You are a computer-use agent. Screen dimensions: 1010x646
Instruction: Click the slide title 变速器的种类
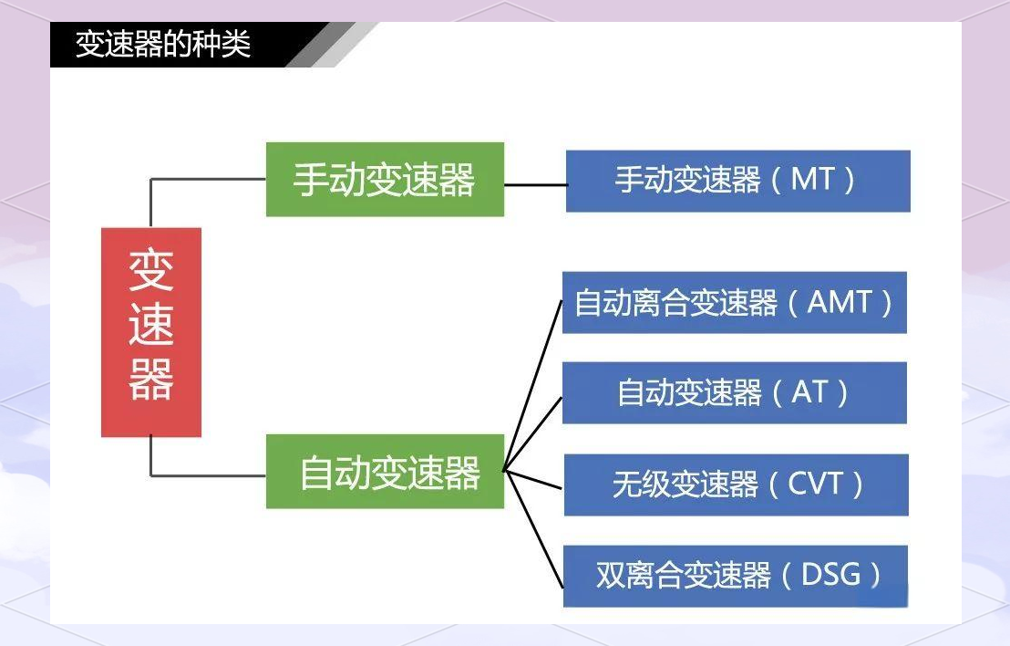pos(163,45)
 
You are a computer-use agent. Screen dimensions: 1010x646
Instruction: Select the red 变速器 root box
pos(151,332)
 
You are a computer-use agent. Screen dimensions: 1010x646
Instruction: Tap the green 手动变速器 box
pos(385,179)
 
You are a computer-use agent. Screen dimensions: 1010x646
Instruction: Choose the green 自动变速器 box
pos(385,472)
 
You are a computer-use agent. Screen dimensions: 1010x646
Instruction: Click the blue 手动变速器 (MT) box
pos(737,181)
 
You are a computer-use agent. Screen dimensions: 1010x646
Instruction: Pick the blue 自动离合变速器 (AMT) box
pos(735,302)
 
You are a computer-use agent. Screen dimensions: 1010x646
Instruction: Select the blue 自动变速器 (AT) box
pos(735,392)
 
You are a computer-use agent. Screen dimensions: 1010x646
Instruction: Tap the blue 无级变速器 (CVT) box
pos(737,484)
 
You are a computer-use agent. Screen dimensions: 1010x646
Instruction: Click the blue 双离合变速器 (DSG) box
pos(736,577)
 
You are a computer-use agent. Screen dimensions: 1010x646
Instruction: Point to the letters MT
pos(812,179)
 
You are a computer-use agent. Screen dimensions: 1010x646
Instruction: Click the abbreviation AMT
pos(840,302)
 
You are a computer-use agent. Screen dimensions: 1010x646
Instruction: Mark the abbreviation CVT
pos(815,484)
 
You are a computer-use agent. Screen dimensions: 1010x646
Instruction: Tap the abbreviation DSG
pos(830,575)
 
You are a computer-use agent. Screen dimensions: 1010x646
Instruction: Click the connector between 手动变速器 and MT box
pos(535,184)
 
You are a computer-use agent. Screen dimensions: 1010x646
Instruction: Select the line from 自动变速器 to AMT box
pos(532,386)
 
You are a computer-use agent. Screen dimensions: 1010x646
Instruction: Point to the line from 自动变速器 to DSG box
pos(533,528)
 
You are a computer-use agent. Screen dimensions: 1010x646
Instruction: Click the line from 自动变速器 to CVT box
pos(533,479)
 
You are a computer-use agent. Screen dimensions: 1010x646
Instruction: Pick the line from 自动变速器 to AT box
pos(532,433)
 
